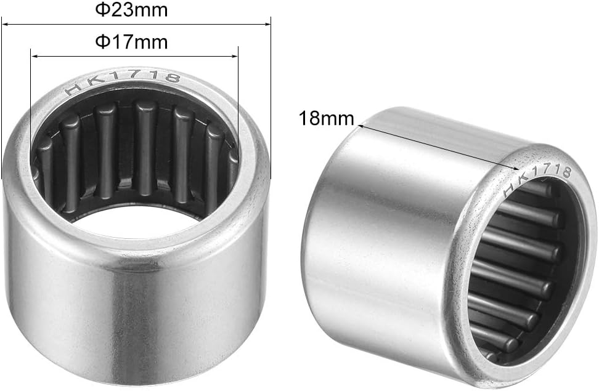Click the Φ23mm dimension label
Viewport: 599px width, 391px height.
click(131, 10)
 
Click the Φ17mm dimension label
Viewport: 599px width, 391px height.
click(131, 42)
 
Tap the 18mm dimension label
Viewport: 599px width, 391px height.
click(327, 118)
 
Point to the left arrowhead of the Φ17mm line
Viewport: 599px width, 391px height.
click(35, 57)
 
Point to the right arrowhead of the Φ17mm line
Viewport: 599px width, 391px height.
click(234, 57)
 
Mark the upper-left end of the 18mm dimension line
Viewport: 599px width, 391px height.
click(359, 124)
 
